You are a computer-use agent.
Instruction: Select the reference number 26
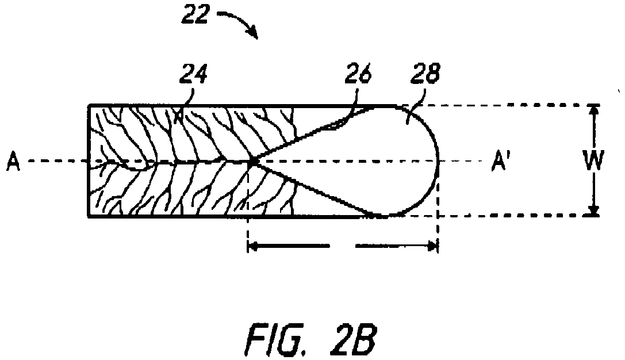358,74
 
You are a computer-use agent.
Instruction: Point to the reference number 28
426,74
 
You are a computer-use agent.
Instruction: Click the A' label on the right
500,161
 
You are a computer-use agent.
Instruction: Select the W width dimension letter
593,160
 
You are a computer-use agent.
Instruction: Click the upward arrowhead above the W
594,110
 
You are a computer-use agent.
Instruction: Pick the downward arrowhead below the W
594,210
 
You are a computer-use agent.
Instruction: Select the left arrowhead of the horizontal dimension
253,246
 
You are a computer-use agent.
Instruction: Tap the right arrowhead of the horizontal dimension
432,246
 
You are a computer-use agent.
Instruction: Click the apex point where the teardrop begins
253,162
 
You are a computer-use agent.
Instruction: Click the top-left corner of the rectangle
89,106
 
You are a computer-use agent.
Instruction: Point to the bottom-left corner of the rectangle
89,216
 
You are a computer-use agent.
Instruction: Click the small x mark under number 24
179,116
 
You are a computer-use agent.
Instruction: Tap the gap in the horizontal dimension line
342,246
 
